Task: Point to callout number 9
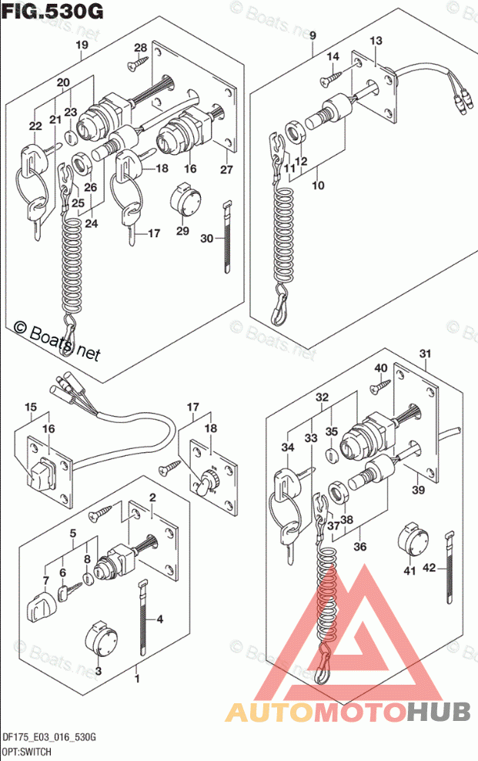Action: click(x=313, y=35)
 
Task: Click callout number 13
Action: click(x=375, y=40)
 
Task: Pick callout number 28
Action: click(x=140, y=47)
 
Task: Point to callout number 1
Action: click(x=137, y=679)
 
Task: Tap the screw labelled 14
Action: click(x=329, y=77)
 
